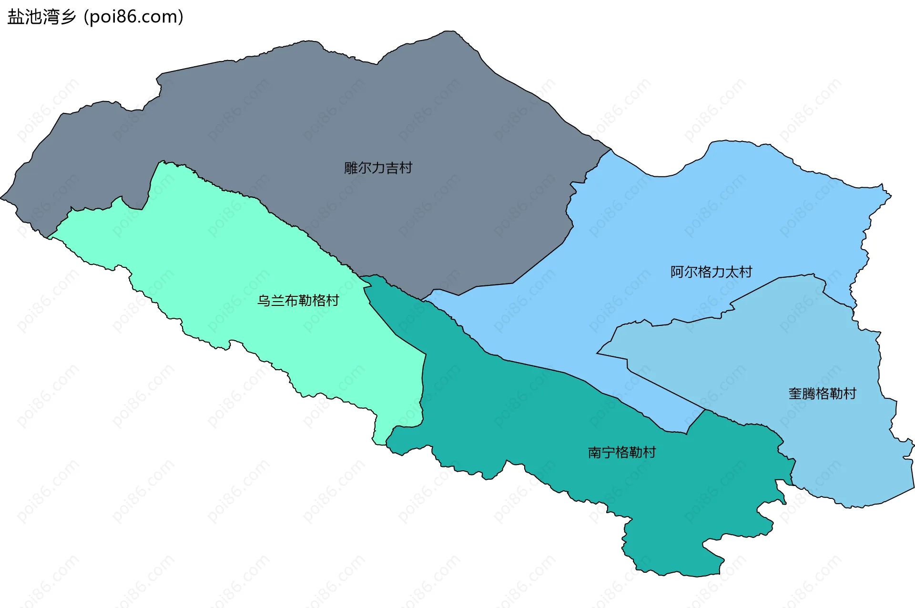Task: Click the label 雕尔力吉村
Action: tap(378, 168)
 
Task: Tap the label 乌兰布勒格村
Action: tap(298, 301)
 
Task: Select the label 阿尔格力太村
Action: tap(711, 272)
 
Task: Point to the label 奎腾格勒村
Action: tap(822, 394)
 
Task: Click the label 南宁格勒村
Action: tap(622, 452)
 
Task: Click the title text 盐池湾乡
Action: tap(42, 17)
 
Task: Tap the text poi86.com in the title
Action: tap(133, 17)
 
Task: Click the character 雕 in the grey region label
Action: tap(351, 168)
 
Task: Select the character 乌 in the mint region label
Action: tap(264, 301)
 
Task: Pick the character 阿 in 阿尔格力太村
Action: tap(677, 272)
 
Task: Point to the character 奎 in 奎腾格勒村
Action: tap(795, 394)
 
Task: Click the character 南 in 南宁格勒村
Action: tap(595, 452)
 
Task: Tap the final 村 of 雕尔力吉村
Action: tap(406, 168)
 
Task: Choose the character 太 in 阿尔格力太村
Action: tap(732, 272)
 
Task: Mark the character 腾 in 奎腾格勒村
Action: tap(809, 394)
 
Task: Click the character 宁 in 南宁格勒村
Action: tap(609, 452)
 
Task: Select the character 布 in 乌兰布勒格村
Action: tap(291, 301)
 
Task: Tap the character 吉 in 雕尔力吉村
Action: tap(392, 168)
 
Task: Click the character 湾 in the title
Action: tap(51, 17)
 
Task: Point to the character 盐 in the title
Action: tap(16, 17)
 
